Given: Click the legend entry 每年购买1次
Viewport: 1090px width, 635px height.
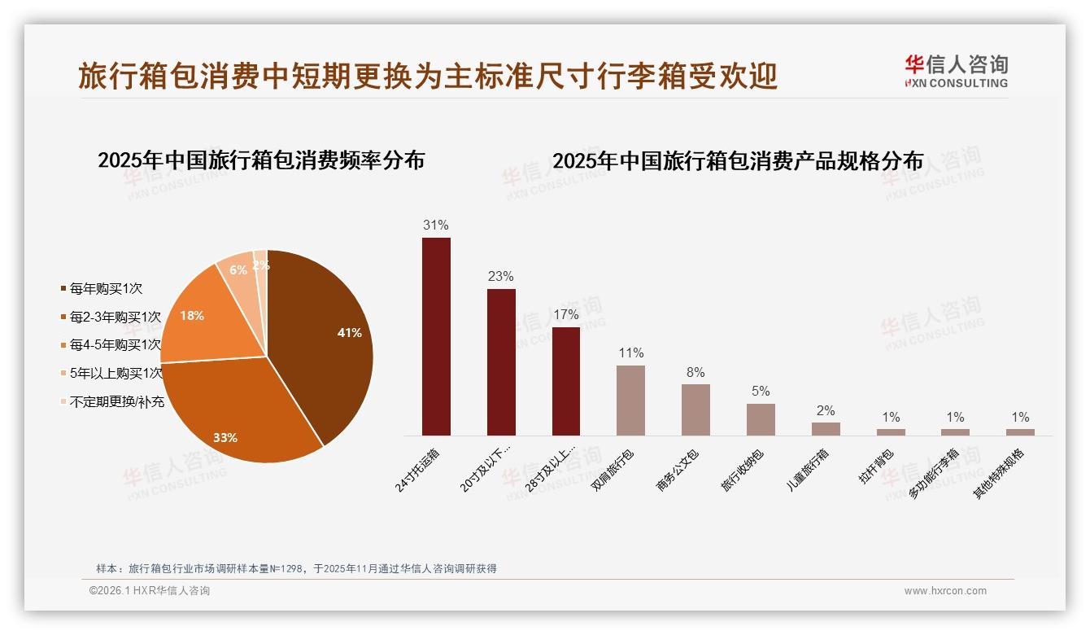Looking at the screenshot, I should [x=106, y=289].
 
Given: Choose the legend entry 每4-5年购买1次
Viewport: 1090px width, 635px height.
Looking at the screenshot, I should [x=115, y=345].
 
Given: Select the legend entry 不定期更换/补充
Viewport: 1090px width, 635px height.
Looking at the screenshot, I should [x=116, y=401].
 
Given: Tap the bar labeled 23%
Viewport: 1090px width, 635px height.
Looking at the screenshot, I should [x=501, y=362].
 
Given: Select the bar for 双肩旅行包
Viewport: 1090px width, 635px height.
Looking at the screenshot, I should [x=630, y=400].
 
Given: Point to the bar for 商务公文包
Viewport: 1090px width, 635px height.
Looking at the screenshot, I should [x=695, y=409].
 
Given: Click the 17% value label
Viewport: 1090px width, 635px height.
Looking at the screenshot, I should [x=565, y=314].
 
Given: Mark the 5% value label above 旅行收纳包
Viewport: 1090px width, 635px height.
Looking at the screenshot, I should [x=761, y=391].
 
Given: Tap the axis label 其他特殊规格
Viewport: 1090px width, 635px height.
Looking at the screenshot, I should [x=1001, y=474].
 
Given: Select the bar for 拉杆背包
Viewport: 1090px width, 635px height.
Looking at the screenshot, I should [x=891, y=432].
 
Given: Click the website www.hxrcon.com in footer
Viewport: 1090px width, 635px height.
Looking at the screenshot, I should [x=945, y=591].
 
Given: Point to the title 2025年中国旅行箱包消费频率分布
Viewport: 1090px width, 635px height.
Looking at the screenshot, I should [x=261, y=160].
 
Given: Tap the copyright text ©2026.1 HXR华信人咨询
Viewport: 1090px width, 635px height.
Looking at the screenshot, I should [x=150, y=591].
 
